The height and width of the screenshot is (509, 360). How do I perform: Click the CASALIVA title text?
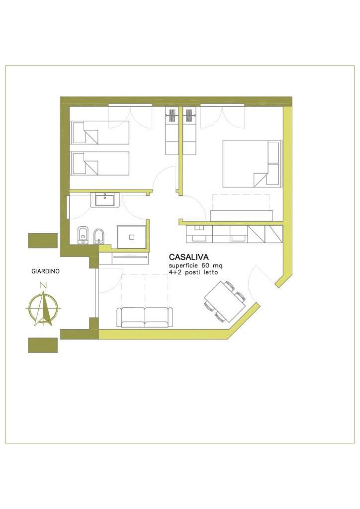(x=188, y=257)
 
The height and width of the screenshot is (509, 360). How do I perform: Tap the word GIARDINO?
(x=45, y=271)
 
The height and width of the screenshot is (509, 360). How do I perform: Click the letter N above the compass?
(x=42, y=286)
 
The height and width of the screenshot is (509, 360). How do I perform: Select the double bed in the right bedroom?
(x=252, y=164)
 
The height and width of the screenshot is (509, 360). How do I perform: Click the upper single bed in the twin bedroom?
(x=99, y=132)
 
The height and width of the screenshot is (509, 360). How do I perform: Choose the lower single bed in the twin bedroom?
(x=99, y=163)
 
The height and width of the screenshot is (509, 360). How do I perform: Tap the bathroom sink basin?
(x=104, y=200)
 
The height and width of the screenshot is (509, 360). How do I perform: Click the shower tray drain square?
(x=131, y=237)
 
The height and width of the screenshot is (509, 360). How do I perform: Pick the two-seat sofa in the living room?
(x=145, y=318)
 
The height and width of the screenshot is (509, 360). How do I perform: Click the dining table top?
(x=225, y=302)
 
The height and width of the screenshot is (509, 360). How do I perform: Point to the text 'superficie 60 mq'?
(x=195, y=266)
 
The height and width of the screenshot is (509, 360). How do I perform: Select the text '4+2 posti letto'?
(x=193, y=272)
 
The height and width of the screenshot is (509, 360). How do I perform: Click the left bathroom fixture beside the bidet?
(x=84, y=235)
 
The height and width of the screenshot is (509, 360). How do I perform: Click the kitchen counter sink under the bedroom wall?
(x=199, y=239)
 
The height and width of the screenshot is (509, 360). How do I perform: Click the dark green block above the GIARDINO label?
(x=43, y=241)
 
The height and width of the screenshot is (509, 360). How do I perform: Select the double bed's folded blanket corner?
(x=260, y=180)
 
